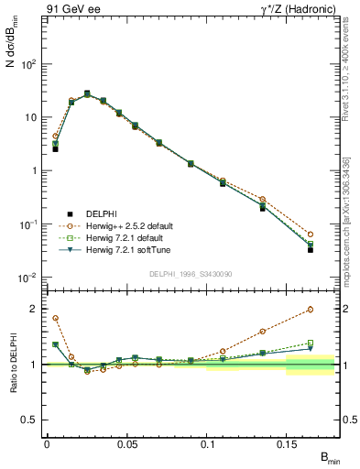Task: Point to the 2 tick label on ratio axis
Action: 35,309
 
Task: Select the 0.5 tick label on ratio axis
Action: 32,420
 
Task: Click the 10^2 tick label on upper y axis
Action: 29,64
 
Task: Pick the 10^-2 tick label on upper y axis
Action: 29,278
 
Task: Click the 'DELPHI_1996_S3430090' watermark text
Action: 189,273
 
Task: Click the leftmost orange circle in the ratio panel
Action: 55,318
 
